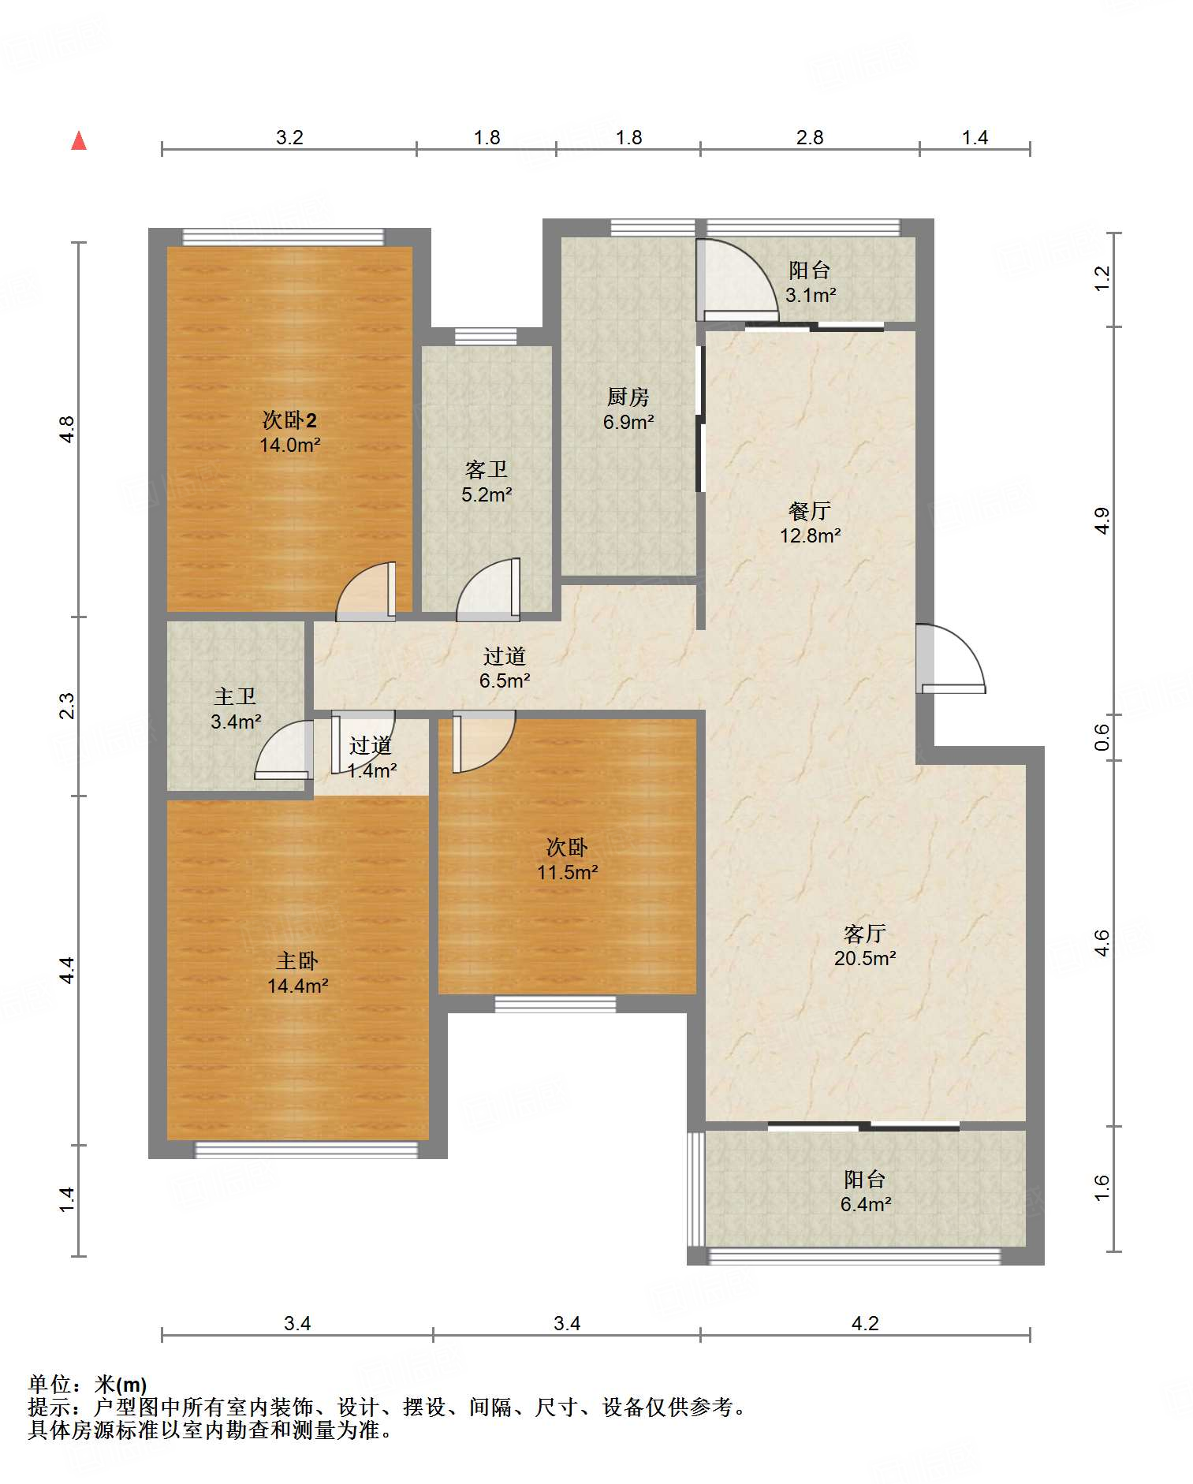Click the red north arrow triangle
[x=79, y=140]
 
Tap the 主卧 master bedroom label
[x=297, y=960]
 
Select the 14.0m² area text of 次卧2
[x=289, y=445]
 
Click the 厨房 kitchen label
[x=628, y=397]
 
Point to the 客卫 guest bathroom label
[x=487, y=470]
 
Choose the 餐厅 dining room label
[x=810, y=511]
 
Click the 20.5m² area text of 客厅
[x=865, y=958]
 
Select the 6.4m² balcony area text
[x=865, y=1204]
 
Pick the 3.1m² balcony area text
[x=811, y=295]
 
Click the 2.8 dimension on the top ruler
[x=810, y=137]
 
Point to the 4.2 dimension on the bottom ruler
[x=865, y=1323]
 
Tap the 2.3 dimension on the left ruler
[x=67, y=705]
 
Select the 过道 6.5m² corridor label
[x=505, y=668]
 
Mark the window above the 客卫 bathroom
[x=486, y=337]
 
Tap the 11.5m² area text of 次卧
[x=567, y=872]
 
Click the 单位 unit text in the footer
[x=50, y=1384]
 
